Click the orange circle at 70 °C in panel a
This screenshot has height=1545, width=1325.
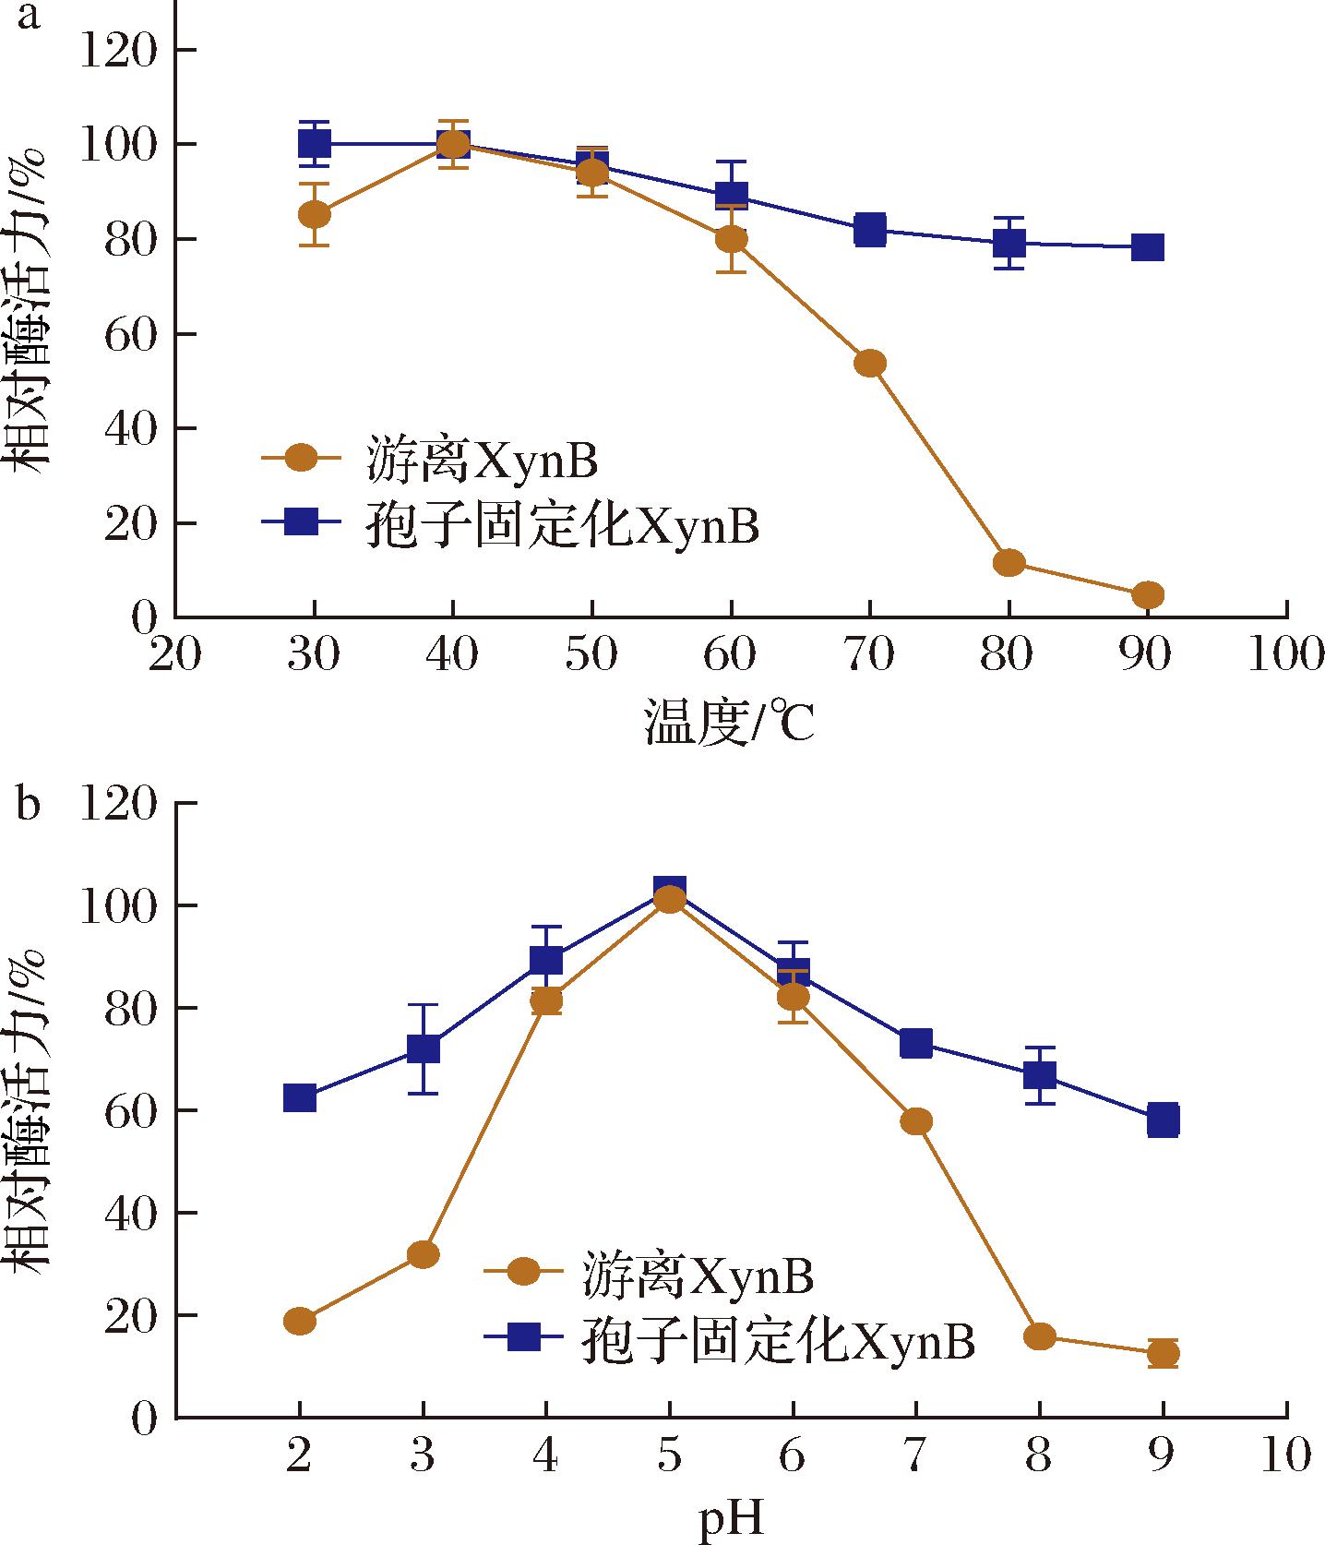pyautogui.click(x=869, y=363)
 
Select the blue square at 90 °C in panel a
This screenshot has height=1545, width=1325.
pyautogui.click(x=1147, y=247)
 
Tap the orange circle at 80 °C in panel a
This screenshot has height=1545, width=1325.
pyautogui.click(x=1009, y=562)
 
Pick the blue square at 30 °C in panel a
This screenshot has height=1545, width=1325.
pyautogui.click(x=315, y=144)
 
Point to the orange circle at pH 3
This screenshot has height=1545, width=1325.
pyautogui.click(x=423, y=1254)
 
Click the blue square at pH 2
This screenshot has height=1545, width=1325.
pyautogui.click(x=300, y=1098)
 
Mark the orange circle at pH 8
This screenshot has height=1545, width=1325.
pyautogui.click(x=1040, y=1335)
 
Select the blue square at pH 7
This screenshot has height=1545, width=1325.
pyautogui.click(x=915, y=1044)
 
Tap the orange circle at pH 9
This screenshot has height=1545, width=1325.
pyautogui.click(x=1163, y=1353)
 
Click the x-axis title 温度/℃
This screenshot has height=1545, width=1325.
pyautogui.click(x=729, y=723)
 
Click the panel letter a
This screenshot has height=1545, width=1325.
pyautogui.click(x=30, y=16)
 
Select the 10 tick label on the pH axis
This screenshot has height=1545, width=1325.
pyautogui.click(x=1284, y=1455)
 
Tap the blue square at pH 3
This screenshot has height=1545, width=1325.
pyautogui.click(x=423, y=1049)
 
